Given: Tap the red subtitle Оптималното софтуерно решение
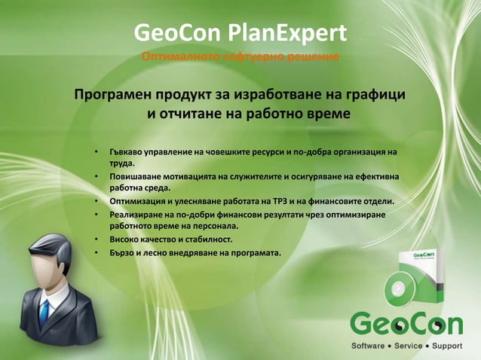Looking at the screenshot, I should (x=240, y=59).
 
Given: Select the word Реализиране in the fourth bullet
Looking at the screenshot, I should (x=139, y=214).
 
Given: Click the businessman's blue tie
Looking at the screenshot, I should (x=44, y=311).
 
